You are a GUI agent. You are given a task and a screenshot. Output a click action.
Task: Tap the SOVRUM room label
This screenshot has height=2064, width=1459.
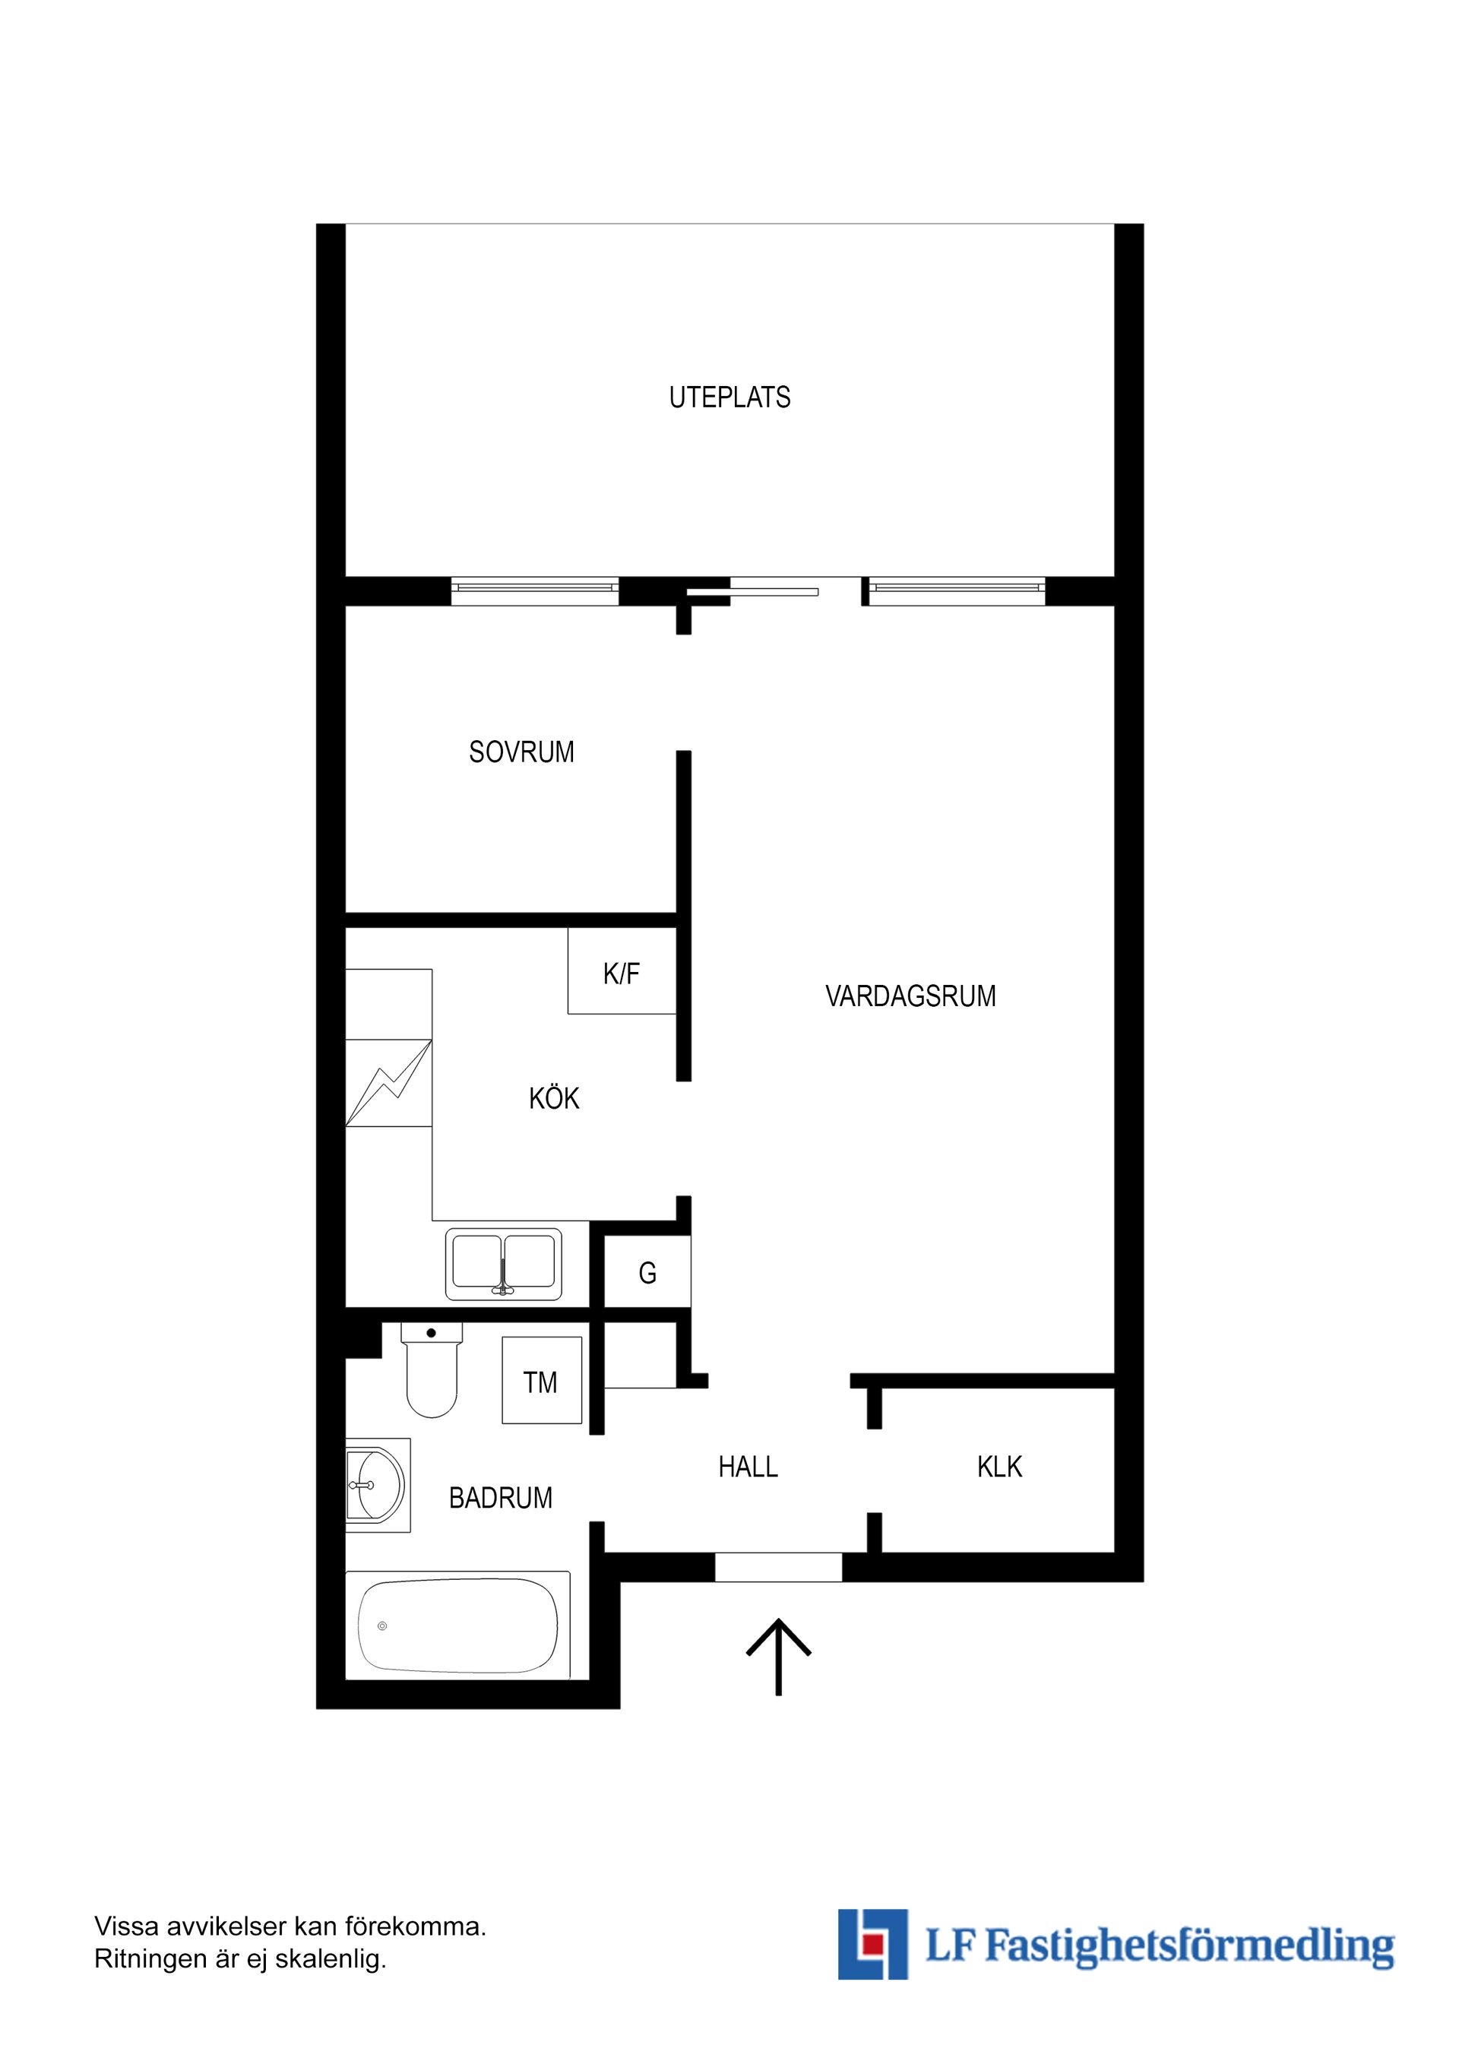[x=521, y=752]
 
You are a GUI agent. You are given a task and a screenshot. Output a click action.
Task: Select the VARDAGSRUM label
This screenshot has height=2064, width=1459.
[x=910, y=996]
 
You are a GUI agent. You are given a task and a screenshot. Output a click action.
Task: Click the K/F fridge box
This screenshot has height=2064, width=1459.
[x=621, y=972]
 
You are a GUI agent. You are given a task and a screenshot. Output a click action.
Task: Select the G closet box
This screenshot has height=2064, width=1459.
[x=647, y=1272]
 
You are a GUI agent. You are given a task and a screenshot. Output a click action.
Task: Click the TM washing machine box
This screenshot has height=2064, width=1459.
[x=541, y=1382]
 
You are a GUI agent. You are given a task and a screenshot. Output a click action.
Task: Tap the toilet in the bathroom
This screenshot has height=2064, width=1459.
[x=432, y=1374]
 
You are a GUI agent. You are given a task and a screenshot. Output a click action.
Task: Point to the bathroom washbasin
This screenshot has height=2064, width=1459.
[x=375, y=1485]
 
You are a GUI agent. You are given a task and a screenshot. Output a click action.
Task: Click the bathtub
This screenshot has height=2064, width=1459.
[x=457, y=1626]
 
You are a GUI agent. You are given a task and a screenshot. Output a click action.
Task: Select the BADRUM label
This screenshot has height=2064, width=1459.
[x=501, y=1498]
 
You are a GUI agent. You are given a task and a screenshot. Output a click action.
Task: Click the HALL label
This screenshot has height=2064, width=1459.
[x=748, y=1467]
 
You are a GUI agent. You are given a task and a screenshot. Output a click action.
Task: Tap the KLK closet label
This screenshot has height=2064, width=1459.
[x=999, y=1467]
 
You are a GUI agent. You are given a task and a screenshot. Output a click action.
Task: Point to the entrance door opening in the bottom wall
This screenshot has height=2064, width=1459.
[x=778, y=1567]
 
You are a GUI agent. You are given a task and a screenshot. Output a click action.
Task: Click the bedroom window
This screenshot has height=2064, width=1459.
[x=535, y=590]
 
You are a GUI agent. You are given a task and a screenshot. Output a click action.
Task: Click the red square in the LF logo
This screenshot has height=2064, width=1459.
[x=869, y=1945]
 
